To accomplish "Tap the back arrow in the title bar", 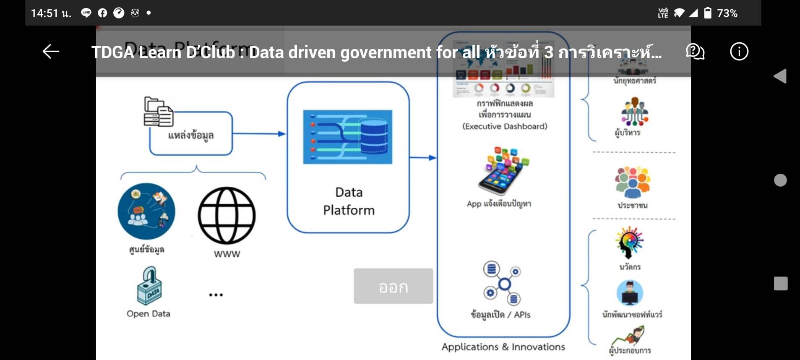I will [x=51, y=52].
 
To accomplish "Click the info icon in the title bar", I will [x=739, y=52].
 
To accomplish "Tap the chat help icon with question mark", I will [x=695, y=52].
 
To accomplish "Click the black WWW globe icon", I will [x=227, y=215].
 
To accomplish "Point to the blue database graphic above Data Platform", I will [x=347, y=137].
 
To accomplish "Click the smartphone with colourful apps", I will [x=503, y=171].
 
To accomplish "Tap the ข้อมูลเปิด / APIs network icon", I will [x=502, y=284].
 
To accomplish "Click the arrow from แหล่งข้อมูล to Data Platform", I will [x=259, y=134].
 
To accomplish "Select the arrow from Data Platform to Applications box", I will [x=423, y=158].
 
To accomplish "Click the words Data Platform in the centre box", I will [x=349, y=201].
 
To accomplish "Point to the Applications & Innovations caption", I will [x=503, y=347].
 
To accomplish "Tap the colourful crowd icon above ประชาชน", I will [x=632, y=182].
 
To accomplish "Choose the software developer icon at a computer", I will [x=630, y=293].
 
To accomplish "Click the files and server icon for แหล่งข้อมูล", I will [x=158, y=112].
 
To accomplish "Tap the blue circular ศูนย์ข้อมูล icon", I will [x=146, y=211].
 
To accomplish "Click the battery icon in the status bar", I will [x=707, y=13].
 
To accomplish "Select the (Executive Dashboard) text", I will [x=505, y=126].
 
